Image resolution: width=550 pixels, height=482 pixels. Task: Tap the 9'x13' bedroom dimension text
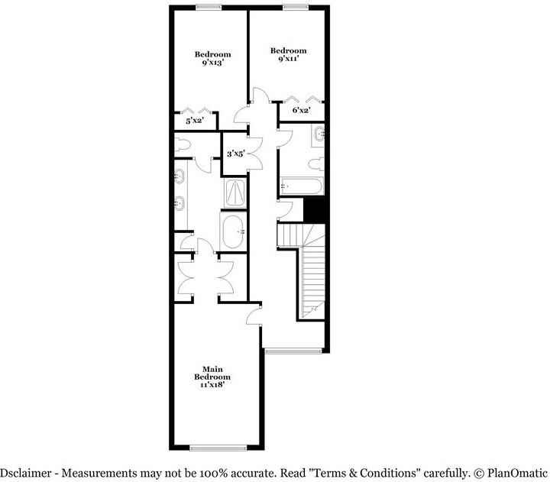(x=212, y=63)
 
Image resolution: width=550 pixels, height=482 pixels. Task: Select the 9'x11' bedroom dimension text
(x=288, y=59)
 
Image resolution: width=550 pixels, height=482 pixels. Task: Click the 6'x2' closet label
(x=302, y=110)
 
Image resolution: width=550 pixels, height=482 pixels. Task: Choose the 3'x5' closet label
(x=235, y=154)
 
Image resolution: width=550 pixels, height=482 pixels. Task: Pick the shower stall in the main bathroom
(x=235, y=192)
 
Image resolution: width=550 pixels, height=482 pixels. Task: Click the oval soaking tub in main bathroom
(x=234, y=231)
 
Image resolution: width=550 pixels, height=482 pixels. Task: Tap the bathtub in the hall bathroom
(x=302, y=186)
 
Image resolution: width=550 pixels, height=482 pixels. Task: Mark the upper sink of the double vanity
(x=181, y=176)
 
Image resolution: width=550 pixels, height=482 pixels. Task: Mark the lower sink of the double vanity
(x=181, y=204)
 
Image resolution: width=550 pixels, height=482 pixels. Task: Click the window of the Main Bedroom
(x=217, y=447)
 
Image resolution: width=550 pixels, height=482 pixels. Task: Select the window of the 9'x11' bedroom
(x=291, y=7)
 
